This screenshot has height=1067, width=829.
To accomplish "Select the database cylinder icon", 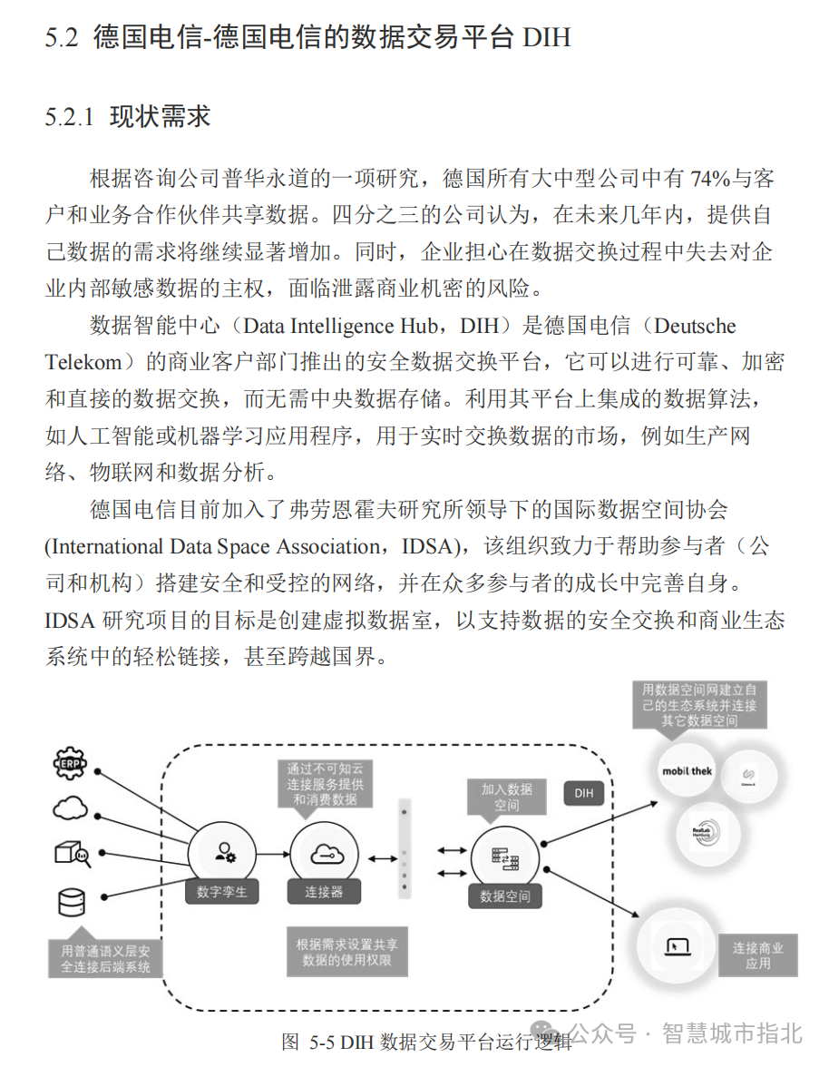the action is click(x=71, y=902).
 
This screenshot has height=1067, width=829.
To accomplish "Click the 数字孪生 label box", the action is click(x=221, y=892).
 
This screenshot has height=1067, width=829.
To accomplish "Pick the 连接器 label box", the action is click(x=324, y=892).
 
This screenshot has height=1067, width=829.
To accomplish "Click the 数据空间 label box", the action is click(x=505, y=896).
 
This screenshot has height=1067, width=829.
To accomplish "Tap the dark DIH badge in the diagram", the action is click(x=584, y=793).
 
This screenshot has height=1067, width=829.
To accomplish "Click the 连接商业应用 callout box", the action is click(x=757, y=955).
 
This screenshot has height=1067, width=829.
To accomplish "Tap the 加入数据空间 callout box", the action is click(x=506, y=798).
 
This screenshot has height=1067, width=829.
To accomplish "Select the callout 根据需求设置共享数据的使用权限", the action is click(x=345, y=951).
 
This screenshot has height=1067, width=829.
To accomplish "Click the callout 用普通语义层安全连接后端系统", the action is click(x=105, y=958).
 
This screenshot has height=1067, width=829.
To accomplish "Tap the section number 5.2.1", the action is click(x=69, y=117).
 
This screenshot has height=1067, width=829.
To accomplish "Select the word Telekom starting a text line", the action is click(x=83, y=362).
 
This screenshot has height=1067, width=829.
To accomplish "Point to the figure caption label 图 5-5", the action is click(x=308, y=1041).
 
